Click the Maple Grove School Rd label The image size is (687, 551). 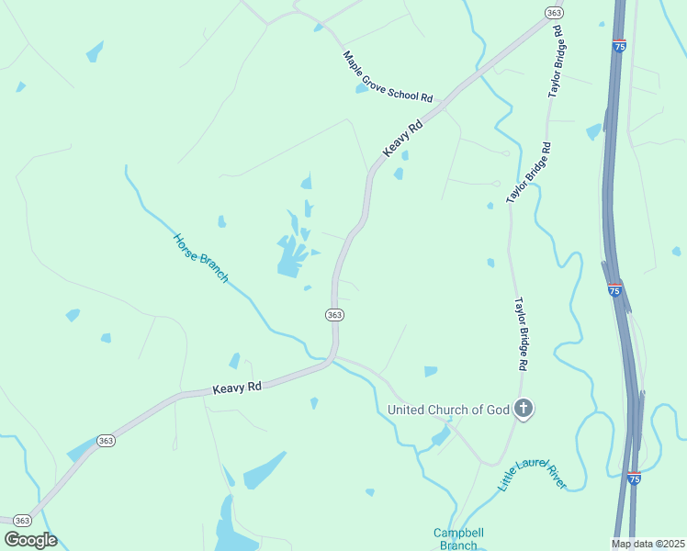coord(388,76)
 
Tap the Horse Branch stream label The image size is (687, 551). coord(200,258)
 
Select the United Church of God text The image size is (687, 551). coord(448,410)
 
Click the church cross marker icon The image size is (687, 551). coord(524,409)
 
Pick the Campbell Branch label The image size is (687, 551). coord(458,539)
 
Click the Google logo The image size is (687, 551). coord(30,540)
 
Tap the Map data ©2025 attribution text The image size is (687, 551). coord(648,544)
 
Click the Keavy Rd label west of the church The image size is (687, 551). coord(237,388)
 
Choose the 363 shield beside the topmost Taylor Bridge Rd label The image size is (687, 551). coord(553,13)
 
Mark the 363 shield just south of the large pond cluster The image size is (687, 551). coord(334,315)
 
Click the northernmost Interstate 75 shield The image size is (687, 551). coord(619,44)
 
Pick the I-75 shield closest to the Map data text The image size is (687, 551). coord(634,478)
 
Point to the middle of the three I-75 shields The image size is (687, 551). coord(615,290)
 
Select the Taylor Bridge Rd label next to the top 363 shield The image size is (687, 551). coord(556,62)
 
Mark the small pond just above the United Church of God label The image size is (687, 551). coord(431,371)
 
